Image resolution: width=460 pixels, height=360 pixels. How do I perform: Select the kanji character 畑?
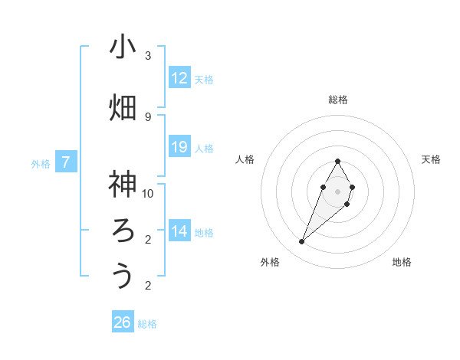[123, 107]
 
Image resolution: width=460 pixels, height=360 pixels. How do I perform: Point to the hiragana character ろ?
[123, 231]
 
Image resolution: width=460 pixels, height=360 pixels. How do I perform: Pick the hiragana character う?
[123, 276]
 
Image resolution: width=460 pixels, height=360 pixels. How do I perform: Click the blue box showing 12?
[179, 78]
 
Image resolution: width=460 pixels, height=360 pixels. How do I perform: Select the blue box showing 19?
[179, 147]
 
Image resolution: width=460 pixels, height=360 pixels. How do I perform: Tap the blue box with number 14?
[179, 231]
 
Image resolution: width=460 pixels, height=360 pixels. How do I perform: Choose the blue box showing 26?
[123, 322]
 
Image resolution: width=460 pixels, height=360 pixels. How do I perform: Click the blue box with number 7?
[66, 162]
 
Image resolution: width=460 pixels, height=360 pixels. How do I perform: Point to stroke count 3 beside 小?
[148, 56]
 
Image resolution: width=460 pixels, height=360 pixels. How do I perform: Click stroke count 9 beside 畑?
[148, 116]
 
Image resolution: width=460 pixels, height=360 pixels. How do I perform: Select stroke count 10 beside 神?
[148, 193]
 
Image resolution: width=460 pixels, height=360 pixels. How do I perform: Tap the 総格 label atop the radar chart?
[337, 100]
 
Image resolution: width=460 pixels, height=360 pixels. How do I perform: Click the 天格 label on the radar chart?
[432, 159]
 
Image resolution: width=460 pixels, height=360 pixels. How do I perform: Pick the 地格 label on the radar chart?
[402, 262]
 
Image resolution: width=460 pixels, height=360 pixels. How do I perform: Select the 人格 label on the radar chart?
[245, 159]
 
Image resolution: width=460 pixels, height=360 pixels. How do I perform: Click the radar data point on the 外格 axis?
[301, 241]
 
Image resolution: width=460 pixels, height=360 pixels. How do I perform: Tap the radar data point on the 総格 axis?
[337, 161]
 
